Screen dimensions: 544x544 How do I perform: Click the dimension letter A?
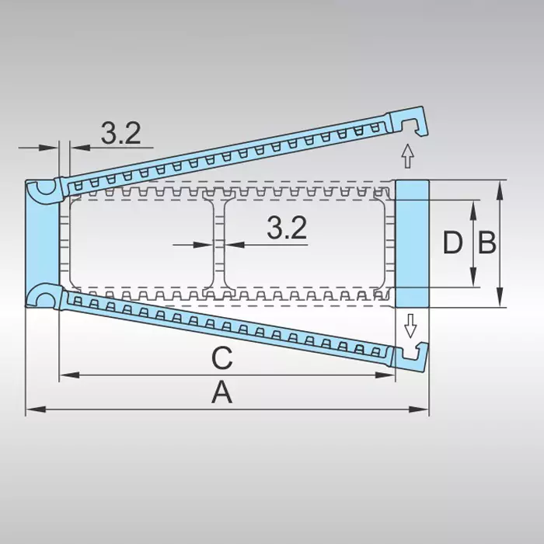pyautogui.click(x=222, y=394)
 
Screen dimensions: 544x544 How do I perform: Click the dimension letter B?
pyautogui.click(x=487, y=243)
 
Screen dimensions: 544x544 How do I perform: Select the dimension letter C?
pyautogui.click(x=222, y=358)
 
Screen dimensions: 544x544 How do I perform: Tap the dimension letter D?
pyautogui.click(x=452, y=243)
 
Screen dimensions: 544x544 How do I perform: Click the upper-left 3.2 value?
pyautogui.click(x=120, y=134)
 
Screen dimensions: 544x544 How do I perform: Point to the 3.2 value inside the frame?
pyautogui.click(x=287, y=228)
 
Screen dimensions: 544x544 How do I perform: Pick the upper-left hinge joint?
pyautogui.click(x=44, y=189)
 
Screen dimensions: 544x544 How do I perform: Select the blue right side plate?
pyautogui.click(x=412, y=243)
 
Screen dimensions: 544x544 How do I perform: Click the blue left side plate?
pyautogui.click(x=40, y=242)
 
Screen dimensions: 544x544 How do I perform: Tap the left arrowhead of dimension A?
pyautogui.click(x=31, y=409)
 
